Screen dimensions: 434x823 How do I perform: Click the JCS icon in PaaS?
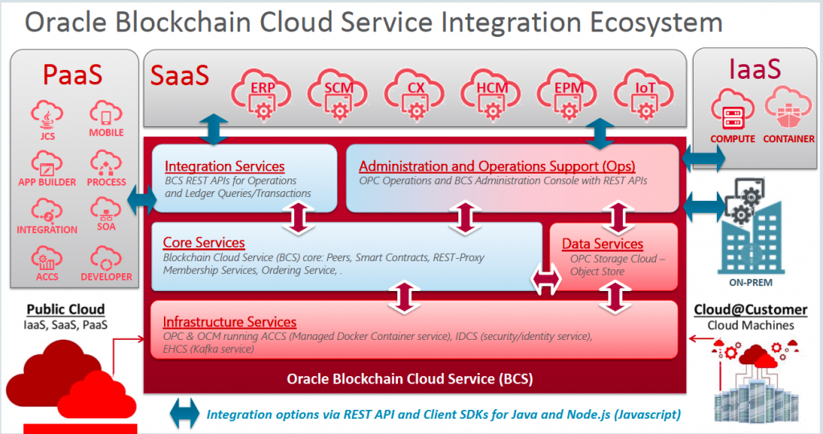[47, 117]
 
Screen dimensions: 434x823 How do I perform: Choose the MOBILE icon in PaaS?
[105, 117]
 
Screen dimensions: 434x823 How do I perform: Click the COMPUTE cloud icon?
[731, 113]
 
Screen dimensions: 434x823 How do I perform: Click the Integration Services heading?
[224, 166]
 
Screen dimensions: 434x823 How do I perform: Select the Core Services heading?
[203, 242]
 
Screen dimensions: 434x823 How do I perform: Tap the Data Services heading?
[602, 244]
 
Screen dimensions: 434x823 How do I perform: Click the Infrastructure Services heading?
[229, 321]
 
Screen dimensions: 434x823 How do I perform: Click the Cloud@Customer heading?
[750, 310]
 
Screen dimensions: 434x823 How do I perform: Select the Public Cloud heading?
[65, 309]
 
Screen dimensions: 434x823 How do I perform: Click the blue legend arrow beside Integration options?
[184, 415]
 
